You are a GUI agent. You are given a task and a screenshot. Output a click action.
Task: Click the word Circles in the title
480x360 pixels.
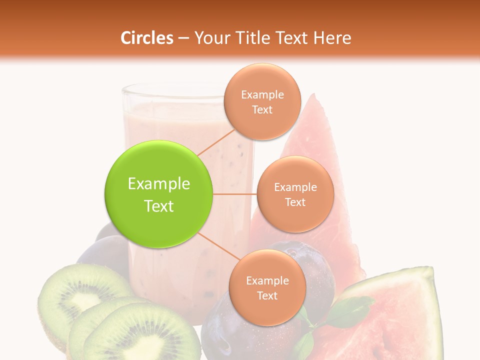coord(146,38)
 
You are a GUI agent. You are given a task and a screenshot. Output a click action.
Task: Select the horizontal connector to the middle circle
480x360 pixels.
coord(234,194)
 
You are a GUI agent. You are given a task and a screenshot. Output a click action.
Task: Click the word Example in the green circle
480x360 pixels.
coord(159,184)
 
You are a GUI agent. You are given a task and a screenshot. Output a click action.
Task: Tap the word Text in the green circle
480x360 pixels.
coord(159,206)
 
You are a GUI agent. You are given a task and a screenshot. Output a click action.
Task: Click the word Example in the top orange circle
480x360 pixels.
coord(262,95)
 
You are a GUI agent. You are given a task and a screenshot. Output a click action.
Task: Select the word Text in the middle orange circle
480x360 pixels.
coord(295,202)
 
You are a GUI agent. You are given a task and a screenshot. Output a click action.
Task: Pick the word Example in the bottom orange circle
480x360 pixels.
coord(267,281)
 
